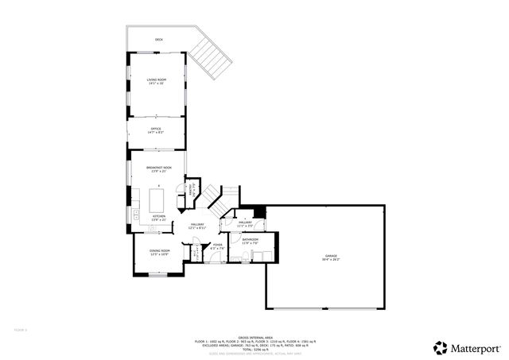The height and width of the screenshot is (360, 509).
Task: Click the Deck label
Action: pos(158,40)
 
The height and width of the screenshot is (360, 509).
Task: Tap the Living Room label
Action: pos(156,81)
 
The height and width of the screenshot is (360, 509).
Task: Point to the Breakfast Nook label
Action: pos(158,169)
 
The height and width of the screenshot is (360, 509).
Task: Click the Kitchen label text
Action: pos(158,217)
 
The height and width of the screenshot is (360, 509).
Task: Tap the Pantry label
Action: pos(191,191)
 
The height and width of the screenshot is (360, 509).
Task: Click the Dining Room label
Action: pos(159,253)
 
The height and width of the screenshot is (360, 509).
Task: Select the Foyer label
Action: pos(217,246)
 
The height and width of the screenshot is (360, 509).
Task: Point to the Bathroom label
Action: pos(251,241)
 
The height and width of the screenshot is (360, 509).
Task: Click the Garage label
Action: pos(330,257)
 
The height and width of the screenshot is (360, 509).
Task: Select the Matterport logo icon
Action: pos(440,347)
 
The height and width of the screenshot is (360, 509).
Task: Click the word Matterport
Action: pos(476,347)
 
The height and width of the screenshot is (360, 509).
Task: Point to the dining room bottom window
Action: pos(159,274)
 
